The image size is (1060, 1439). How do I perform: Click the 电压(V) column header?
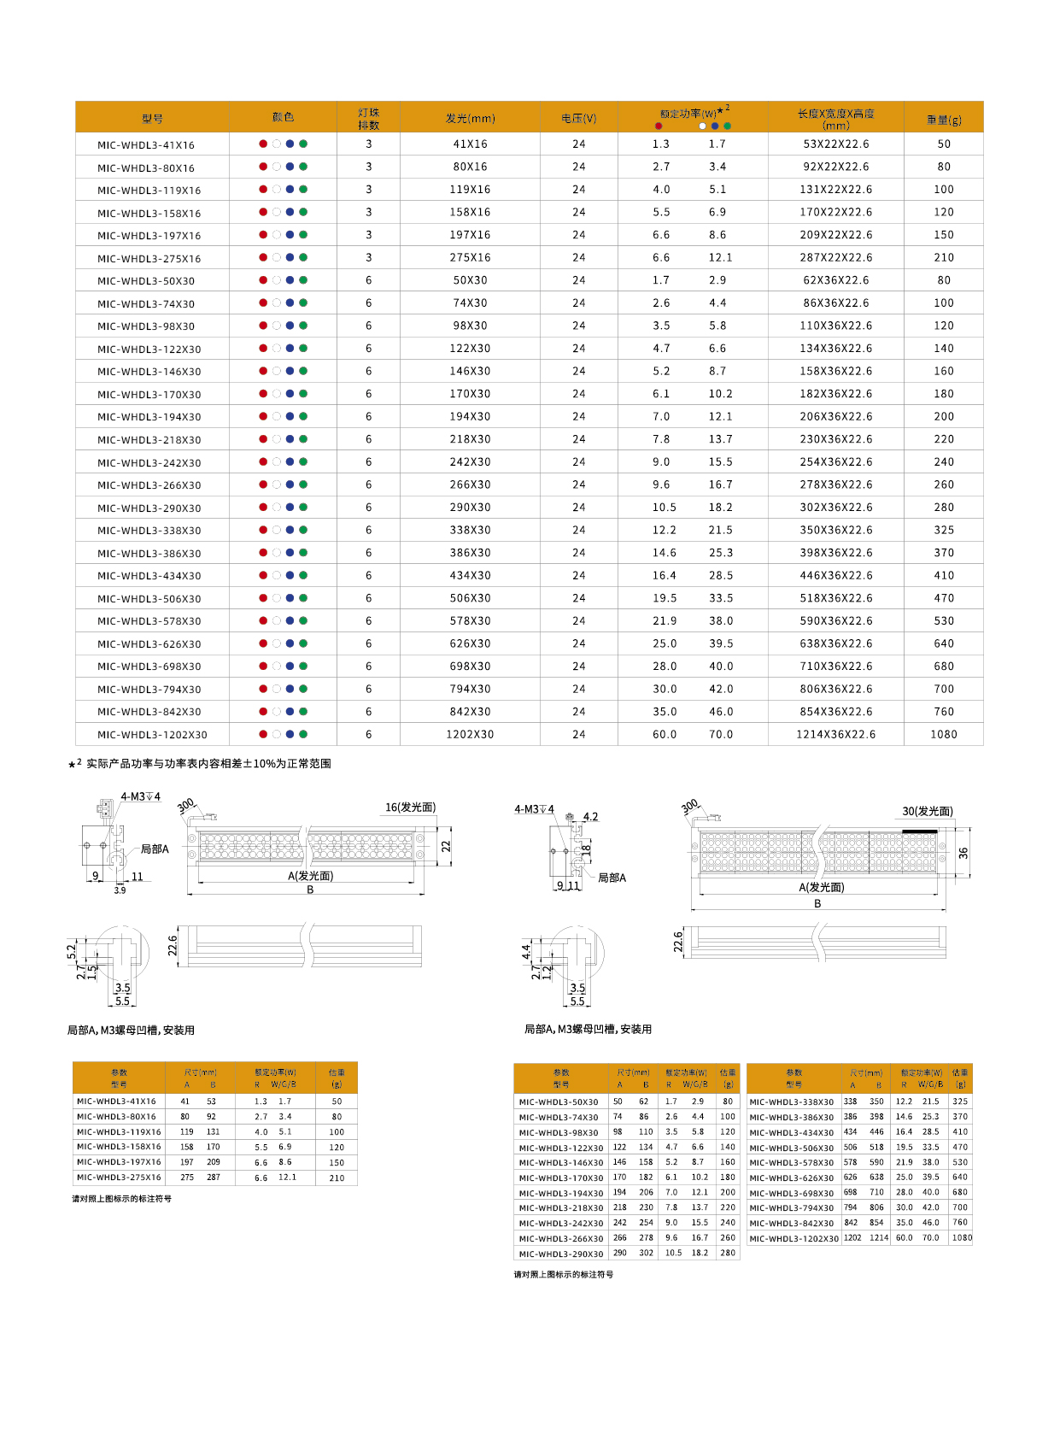[x=578, y=119]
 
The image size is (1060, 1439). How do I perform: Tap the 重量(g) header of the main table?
[x=943, y=120]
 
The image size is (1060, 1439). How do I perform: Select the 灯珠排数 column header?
[x=368, y=119]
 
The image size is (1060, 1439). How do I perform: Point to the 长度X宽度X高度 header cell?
[x=835, y=119]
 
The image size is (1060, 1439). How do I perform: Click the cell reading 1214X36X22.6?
[x=835, y=734]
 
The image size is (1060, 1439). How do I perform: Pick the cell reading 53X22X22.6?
[x=835, y=144]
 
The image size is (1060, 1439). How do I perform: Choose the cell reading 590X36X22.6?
[x=835, y=621]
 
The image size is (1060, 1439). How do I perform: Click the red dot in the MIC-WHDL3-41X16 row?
[x=263, y=144]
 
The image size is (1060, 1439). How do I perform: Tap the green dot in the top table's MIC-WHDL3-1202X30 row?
[x=303, y=734]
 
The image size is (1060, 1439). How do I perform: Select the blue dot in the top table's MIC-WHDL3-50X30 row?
[x=290, y=280]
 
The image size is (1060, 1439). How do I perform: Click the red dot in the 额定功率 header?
[x=659, y=126]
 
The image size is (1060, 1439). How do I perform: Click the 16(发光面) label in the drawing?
[x=410, y=808]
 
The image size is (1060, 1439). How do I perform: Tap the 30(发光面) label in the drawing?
[x=928, y=811]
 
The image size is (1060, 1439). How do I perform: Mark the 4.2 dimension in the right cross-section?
[x=590, y=817]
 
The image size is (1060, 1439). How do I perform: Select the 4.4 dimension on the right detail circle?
[x=526, y=950]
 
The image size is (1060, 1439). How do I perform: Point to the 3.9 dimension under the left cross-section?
[x=120, y=890]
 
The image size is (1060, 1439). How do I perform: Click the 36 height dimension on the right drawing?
[x=963, y=853]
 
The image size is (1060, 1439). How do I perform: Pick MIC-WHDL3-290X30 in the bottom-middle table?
[x=561, y=1254]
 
